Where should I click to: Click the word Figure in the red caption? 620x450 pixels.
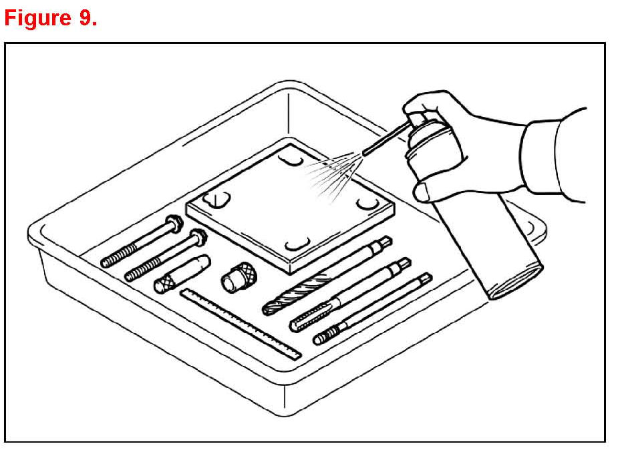tap(36, 18)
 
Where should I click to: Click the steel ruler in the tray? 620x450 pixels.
tap(241, 323)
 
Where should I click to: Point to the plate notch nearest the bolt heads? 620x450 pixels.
tap(219, 200)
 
